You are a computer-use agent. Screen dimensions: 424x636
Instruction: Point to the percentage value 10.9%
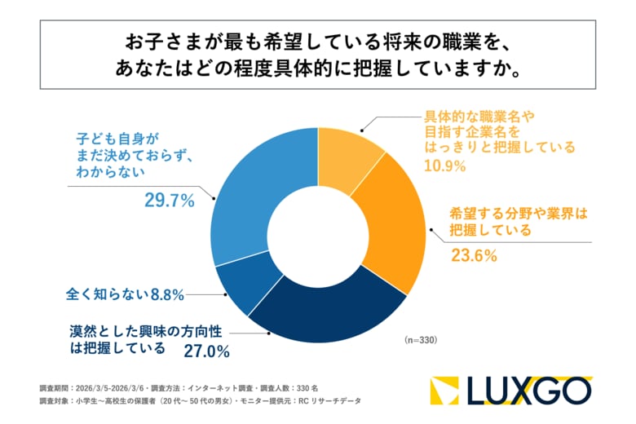444,166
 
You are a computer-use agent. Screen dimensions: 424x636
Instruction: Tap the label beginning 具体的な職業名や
499,131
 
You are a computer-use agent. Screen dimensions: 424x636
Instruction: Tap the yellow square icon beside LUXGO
447,391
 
